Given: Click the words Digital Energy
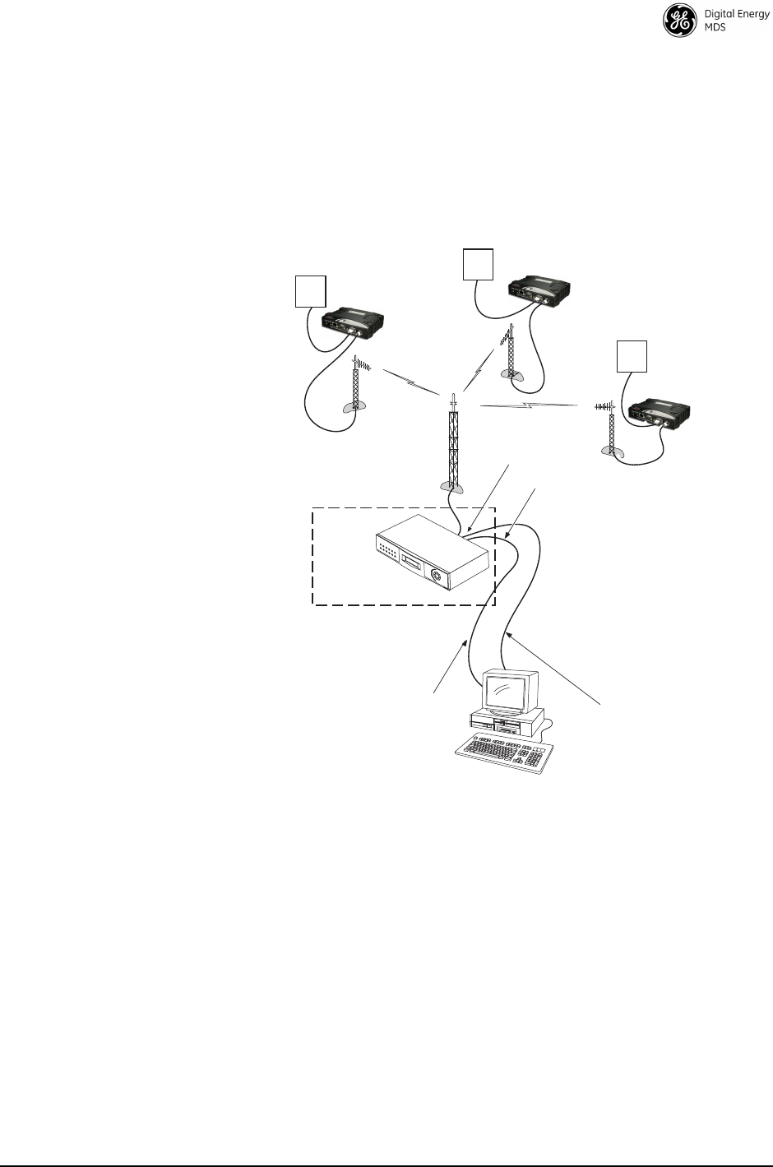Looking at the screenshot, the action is click(736, 15).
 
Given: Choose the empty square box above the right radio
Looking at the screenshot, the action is click(632, 355).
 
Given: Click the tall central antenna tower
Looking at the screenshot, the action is click(451, 444).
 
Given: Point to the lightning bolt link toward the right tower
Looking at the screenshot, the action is click(528, 405).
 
